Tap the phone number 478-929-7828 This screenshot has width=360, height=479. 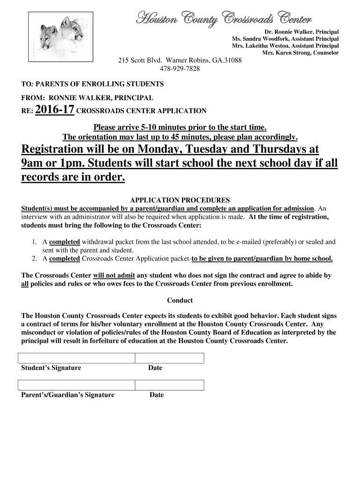coord(179,69)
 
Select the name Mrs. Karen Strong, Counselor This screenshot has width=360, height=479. coord(300,53)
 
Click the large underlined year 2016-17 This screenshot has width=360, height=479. coord(54,110)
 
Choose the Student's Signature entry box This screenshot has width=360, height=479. coord(77,358)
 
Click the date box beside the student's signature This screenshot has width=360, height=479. coord(169,358)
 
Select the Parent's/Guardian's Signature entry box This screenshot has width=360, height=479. coord(77,385)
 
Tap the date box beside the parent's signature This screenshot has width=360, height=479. coord(169,385)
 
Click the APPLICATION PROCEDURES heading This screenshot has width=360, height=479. coord(179,199)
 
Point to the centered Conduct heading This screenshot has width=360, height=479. coord(180,300)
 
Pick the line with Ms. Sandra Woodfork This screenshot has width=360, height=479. coord(285,38)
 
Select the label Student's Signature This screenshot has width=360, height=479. coord(51,368)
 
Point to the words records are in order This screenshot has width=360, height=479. coord(73,178)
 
